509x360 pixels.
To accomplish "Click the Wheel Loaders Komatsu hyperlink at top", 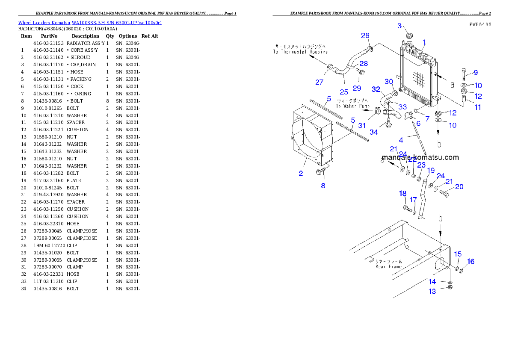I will click(90, 23).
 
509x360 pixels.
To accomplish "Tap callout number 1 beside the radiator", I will click(424, 42).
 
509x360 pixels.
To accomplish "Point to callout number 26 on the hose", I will click(365, 35).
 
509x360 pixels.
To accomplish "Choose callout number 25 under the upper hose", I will click(344, 91).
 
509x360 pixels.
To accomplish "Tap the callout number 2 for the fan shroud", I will click(301, 173).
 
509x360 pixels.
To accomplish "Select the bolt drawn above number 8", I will click(320, 172).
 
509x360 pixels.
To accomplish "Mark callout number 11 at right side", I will click(478, 107).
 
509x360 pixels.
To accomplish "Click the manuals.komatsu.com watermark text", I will click(420, 157).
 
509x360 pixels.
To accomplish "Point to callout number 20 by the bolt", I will click(459, 186).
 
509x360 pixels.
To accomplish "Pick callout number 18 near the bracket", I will click(402, 194).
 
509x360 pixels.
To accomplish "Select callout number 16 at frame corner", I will click(471, 261).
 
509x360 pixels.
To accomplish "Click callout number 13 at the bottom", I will click(432, 291).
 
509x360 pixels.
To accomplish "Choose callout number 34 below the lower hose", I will click(373, 132).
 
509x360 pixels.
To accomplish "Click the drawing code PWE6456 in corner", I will click(479, 25).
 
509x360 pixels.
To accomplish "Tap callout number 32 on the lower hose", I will click(376, 89).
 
